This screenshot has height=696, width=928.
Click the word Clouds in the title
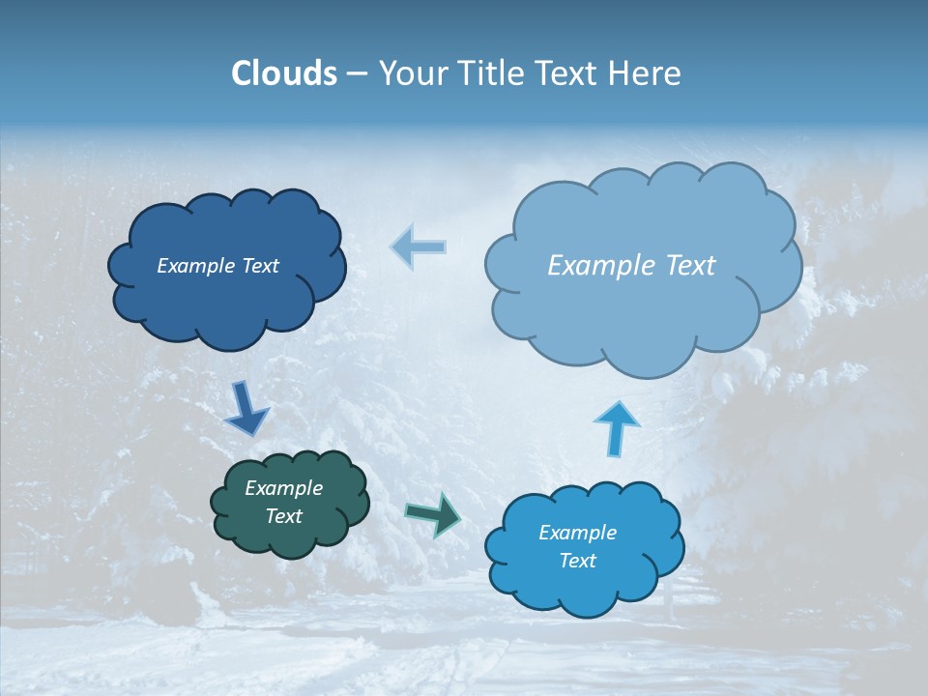coord(283,72)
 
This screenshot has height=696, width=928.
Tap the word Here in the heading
coord(645,72)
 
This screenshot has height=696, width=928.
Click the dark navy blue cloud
coord(226,300)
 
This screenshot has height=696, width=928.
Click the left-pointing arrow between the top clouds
coord(419,246)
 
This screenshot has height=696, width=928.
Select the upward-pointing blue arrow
coord(616,427)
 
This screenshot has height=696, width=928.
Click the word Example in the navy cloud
coord(193,266)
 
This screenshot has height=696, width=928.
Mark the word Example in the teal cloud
coord(283,488)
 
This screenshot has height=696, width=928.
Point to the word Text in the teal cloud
coord(283,516)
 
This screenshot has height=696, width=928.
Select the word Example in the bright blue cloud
coord(577,533)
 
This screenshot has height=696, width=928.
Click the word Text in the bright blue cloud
coord(577,561)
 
